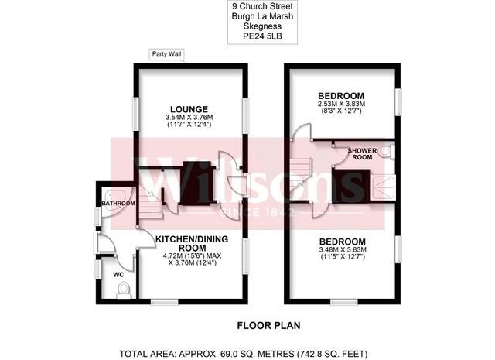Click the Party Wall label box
tap(166, 54)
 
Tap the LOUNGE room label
tap(189, 109)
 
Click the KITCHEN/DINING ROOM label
tap(192, 243)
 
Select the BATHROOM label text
tap(118, 204)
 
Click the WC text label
tap(118, 275)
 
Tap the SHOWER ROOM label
tap(362, 154)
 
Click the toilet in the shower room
tap(387, 153)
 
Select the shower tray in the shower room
tap(383, 188)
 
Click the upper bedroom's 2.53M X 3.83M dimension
tap(342, 104)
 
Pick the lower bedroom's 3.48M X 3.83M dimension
tap(343, 250)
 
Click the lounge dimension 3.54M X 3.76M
tap(189, 118)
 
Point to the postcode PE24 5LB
tap(262, 36)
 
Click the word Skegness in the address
tap(262, 26)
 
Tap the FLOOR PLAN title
tap(268, 326)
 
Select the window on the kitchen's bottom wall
tap(165, 302)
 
